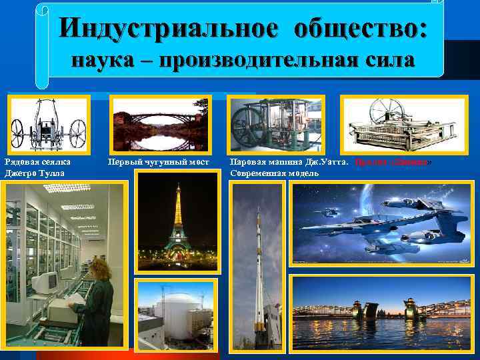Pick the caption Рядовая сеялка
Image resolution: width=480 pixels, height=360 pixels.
37,162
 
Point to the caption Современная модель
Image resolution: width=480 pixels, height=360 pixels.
274,173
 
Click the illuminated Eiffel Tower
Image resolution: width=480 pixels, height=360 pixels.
177,220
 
